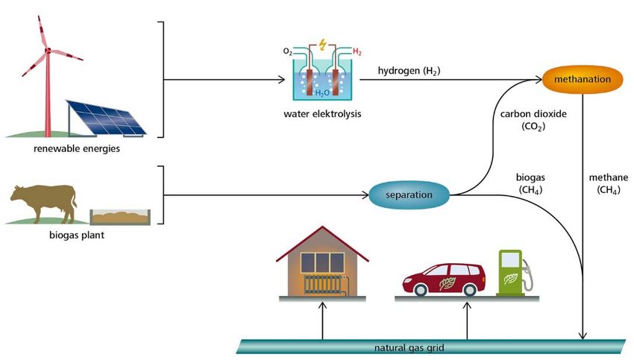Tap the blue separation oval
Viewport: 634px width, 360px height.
(x=410, y=195)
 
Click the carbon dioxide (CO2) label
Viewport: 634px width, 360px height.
(x=534, y=120)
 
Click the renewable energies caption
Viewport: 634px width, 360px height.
(x=76, y=148)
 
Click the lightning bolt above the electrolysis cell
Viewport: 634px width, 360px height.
(x=321, y=43)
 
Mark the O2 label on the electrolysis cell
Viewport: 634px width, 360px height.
(x=288, y=52)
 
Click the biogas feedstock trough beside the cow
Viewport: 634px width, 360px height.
(x=119, y=217)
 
